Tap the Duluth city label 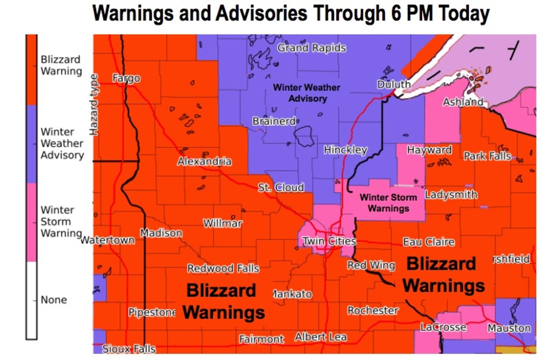click(394, 84)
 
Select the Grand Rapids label click(312, 48)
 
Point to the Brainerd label click(274, 121)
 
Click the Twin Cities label click(329, 241)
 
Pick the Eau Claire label click(428, 242)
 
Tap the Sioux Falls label click(129, 349)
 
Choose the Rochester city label click(373, 310)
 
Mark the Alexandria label click(204, 162)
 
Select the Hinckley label click(345, 150)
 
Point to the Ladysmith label click(451, 194)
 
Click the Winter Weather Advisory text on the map click(307, 93)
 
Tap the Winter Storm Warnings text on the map click(388, 203)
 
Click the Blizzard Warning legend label click(61, 65)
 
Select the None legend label click(54, 299)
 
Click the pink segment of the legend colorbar click(32, 222)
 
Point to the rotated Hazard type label click(95, 105)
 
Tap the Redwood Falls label click(223, 269)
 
